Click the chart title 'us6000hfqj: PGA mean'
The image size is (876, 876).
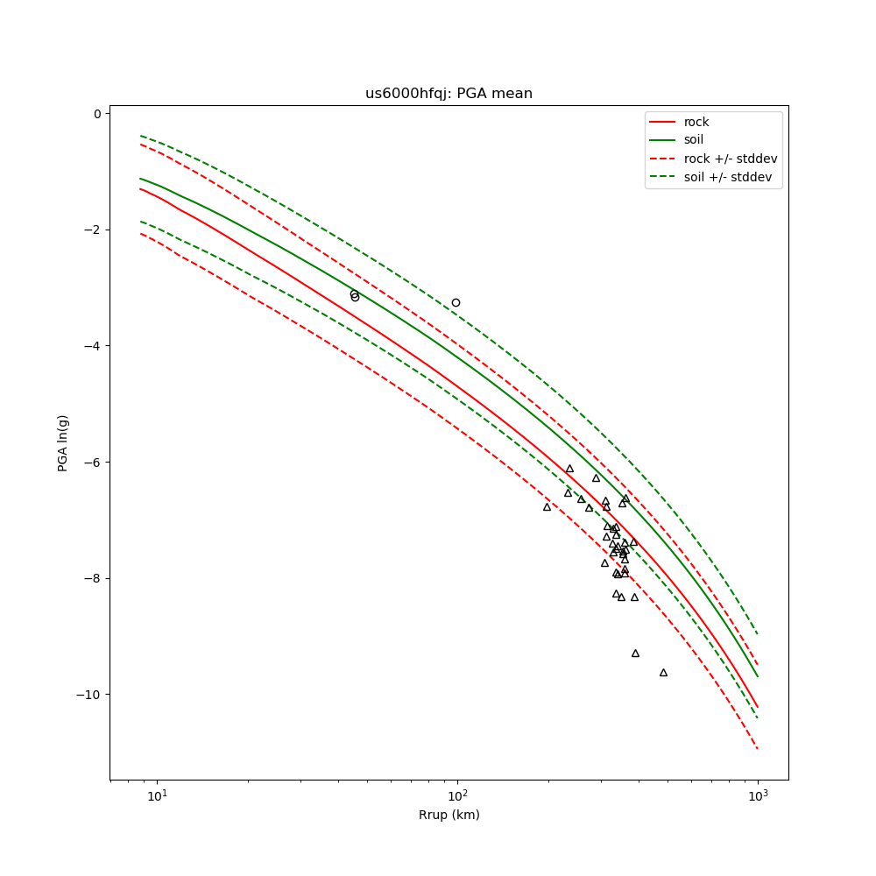click(449, 94)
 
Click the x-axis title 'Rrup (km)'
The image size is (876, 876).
click(449, 815)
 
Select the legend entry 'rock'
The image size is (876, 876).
click(696, 122)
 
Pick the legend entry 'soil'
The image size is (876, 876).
click(694, 139)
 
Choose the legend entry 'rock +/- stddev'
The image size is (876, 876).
click(731, 159)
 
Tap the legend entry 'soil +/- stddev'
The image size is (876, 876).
click(730, 177)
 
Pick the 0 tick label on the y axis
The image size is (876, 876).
click(98, 114)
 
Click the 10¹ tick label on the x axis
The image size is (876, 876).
click(157, 795)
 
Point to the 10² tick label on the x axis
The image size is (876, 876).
click(457, 795)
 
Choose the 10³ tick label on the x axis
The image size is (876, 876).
click(758, 795)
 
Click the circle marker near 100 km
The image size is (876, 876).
click(456, 302)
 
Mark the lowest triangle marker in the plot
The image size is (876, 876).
click(663, 673)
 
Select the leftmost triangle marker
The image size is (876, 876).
click(547, 506)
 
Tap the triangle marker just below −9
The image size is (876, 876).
click(635, 653)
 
